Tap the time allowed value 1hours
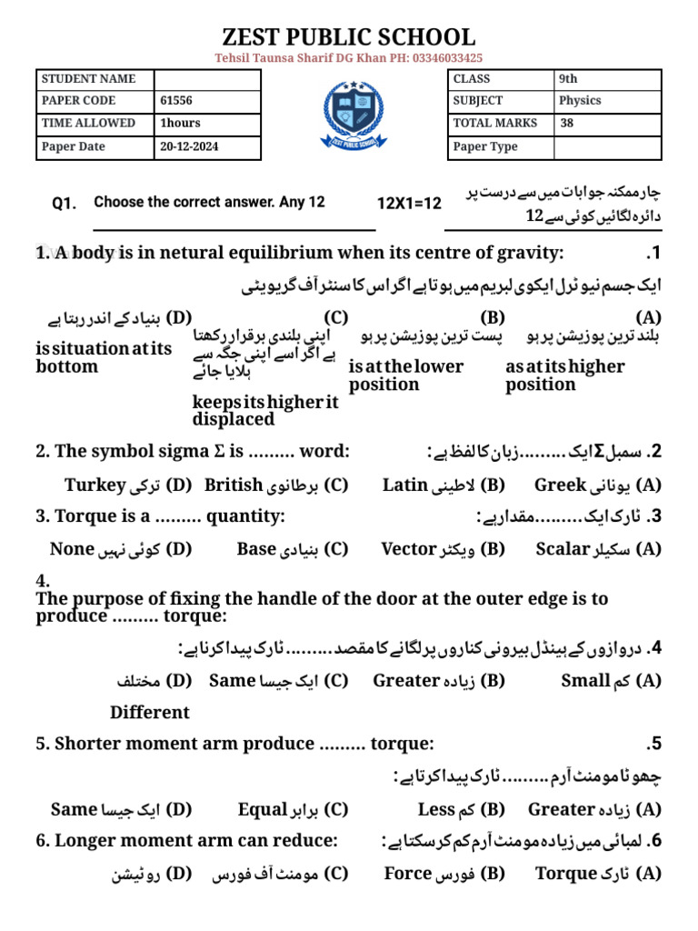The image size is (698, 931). [x=180, y=124]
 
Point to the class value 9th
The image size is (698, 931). [x=568, y=79]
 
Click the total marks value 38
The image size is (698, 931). [x=567, y=124]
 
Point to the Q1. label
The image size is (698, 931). [x=65, y=205]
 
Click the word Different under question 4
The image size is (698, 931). [x=150, y=712]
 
